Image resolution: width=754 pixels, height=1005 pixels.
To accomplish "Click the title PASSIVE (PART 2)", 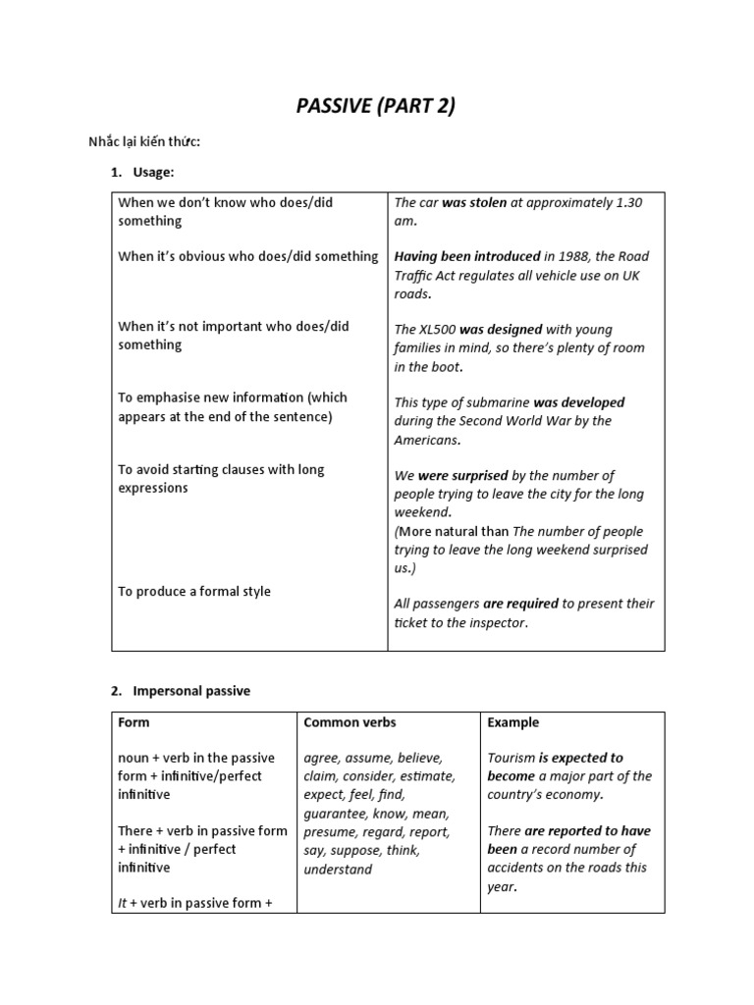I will (x=376, y=107).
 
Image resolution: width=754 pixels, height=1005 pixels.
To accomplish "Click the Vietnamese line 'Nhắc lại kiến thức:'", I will (x=144, y=142).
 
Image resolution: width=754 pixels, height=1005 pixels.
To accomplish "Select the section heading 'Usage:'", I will (x=154, y=173).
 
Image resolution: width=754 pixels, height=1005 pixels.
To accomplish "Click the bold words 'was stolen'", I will (x=474, y=203).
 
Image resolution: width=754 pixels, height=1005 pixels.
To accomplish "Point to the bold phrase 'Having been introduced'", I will (x=467, y=256).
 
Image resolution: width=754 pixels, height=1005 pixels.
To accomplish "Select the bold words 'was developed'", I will (x=579, y=402).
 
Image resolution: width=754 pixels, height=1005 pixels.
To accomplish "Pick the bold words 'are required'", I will (x=520, y=604).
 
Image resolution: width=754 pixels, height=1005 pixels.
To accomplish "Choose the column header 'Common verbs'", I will (x=350, y=722).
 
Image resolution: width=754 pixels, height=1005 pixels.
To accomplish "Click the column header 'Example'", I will (x=512, y=722).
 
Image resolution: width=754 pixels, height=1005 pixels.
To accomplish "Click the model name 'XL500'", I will (x=436, y=330).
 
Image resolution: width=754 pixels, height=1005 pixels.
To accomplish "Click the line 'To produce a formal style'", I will (x=194, y=592).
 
